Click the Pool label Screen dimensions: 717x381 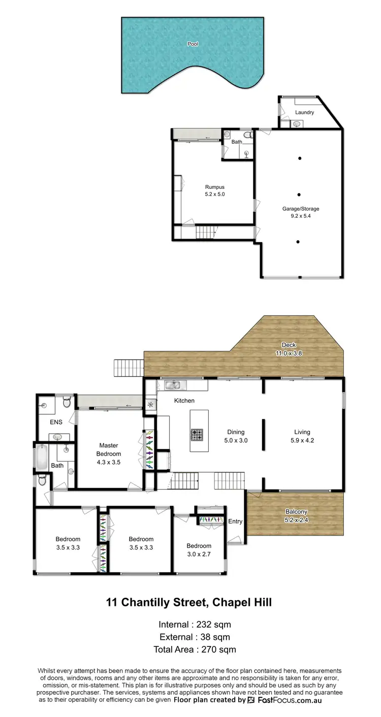click(x=193, y=44)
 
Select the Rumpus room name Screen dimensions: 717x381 click(x=214, y=187)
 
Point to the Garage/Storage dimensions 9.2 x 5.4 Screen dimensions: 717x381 click(x=301, y=216)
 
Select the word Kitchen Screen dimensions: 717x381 click(x=184, y=401)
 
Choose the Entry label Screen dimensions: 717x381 click(x=235, y=522)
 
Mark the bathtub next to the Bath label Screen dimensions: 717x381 click(x=41, y=458)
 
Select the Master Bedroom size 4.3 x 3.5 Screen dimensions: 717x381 click(x=109, y=462)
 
